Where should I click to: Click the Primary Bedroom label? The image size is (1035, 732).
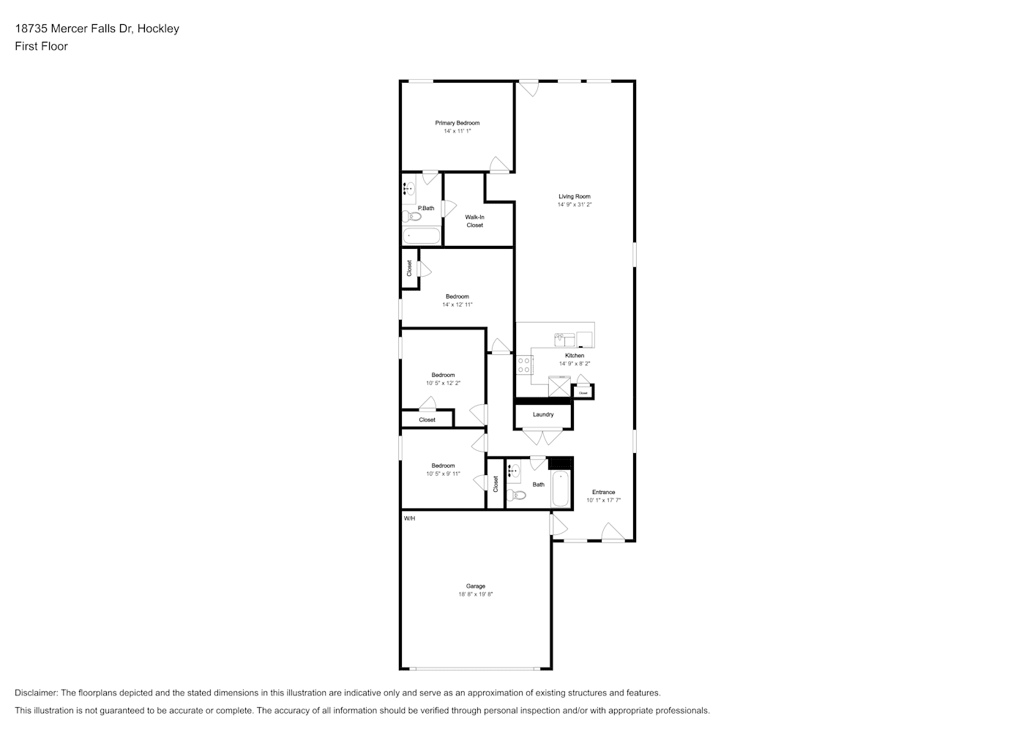click(457, 123)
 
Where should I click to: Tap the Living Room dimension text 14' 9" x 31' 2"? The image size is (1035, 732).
click(575, 204)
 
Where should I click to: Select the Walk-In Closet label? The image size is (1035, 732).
click(474, 221)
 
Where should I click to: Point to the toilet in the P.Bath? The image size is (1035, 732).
click(411, 216)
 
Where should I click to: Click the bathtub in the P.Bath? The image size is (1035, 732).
click(422, 236)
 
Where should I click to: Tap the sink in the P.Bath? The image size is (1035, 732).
click(408, 189)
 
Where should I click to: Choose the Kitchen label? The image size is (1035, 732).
click(575, 355)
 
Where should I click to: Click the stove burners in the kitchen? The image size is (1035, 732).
click(523, 365)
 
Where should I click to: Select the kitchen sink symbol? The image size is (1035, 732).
click(564, 340)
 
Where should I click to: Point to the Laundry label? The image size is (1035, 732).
click(543, 414)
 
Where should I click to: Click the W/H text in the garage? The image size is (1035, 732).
click(409, 518)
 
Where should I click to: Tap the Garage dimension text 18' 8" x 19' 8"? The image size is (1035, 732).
click(476, 594)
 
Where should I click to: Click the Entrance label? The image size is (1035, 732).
click(603, 492)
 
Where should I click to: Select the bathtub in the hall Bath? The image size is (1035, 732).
click(561, 488)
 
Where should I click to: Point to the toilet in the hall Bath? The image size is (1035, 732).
click(517, 496)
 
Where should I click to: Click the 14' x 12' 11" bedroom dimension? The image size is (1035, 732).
click(457, 305)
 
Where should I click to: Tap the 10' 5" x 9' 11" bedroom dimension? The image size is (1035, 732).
click(443, 474)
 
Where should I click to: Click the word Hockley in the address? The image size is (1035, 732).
click(158, 29)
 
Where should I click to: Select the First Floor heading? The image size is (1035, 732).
click(41, 46)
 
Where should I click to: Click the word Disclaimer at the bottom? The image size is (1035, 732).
click(36, 692)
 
